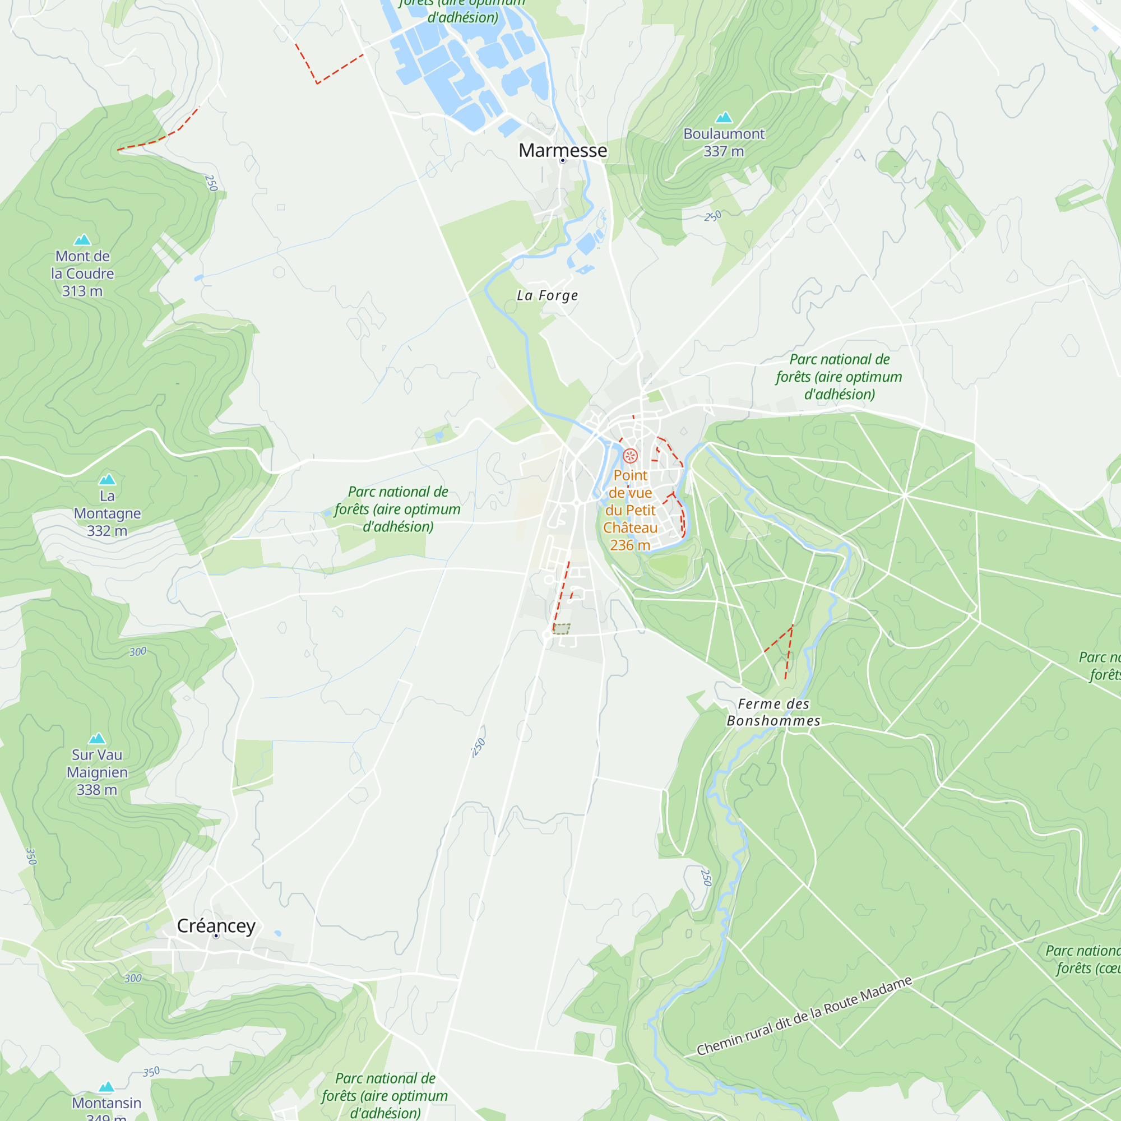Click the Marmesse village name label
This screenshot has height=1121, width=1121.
[562, 150]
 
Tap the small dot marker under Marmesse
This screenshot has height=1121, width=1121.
[562, 161]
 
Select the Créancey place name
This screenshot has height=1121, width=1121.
[216, 925]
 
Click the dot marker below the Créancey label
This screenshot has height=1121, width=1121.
[216, 936]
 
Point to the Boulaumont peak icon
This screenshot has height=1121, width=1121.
[724, 118]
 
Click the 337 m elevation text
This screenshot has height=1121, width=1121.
[724, 151]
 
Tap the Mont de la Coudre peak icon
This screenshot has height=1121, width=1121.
[82, 240]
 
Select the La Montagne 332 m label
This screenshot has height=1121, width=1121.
[108, 513]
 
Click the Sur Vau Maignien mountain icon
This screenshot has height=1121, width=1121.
[97, 739]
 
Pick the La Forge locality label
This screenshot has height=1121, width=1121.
[547, 295]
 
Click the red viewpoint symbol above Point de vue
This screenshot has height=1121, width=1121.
[630, 456]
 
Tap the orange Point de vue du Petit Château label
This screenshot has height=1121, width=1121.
[630, 510]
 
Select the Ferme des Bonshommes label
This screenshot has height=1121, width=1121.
[773, 712]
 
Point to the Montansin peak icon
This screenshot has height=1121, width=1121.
[106, 1087]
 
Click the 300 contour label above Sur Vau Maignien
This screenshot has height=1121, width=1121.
[137, 652]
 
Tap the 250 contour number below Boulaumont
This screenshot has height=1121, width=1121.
[713, 216]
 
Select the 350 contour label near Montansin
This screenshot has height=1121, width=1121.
[151, 1072]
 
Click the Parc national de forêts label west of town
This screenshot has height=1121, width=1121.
[397, 509]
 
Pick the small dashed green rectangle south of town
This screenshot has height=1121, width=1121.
[561, 629]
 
